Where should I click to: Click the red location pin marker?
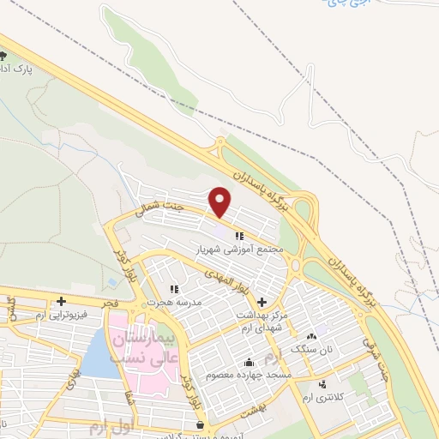tap(221, 201)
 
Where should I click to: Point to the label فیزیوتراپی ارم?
tap(51, 316)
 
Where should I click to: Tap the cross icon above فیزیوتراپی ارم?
tap(61, 301)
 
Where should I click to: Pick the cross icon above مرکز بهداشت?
tap(262, 303)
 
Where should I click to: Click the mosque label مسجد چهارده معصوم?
tap(250, 376)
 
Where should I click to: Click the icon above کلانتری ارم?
tap(322, 383)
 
